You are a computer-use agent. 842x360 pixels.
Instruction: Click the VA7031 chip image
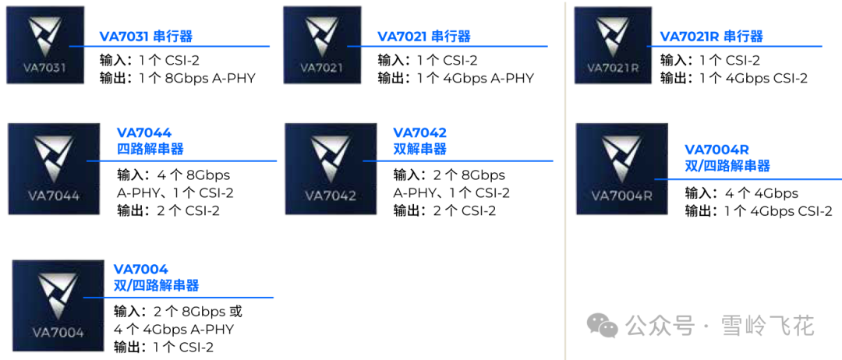[46, 45]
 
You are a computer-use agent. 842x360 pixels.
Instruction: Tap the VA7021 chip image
[322, 45]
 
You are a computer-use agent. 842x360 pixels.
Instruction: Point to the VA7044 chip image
[55, 169]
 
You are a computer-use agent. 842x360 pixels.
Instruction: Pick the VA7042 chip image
[331, 169]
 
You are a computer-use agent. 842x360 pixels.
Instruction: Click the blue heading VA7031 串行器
[146, 37]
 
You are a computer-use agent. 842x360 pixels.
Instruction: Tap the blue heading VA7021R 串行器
[711, 37]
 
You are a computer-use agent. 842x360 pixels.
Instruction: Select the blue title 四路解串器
[150, 149]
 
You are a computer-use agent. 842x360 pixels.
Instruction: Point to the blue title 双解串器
[419, 149]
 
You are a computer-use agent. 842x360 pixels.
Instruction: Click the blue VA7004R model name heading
[716, 150]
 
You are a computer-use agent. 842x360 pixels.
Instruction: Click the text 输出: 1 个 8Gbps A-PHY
[178, 78]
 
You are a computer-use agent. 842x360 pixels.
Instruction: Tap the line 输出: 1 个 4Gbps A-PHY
[455, 78]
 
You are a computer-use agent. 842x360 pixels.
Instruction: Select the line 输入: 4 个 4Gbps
[741, 193]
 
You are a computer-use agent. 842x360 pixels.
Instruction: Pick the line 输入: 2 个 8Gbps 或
[178, 312]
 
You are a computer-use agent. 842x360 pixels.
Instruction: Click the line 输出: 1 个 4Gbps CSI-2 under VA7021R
[734, 78]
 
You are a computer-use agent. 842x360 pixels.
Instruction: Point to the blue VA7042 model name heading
[419, 133]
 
